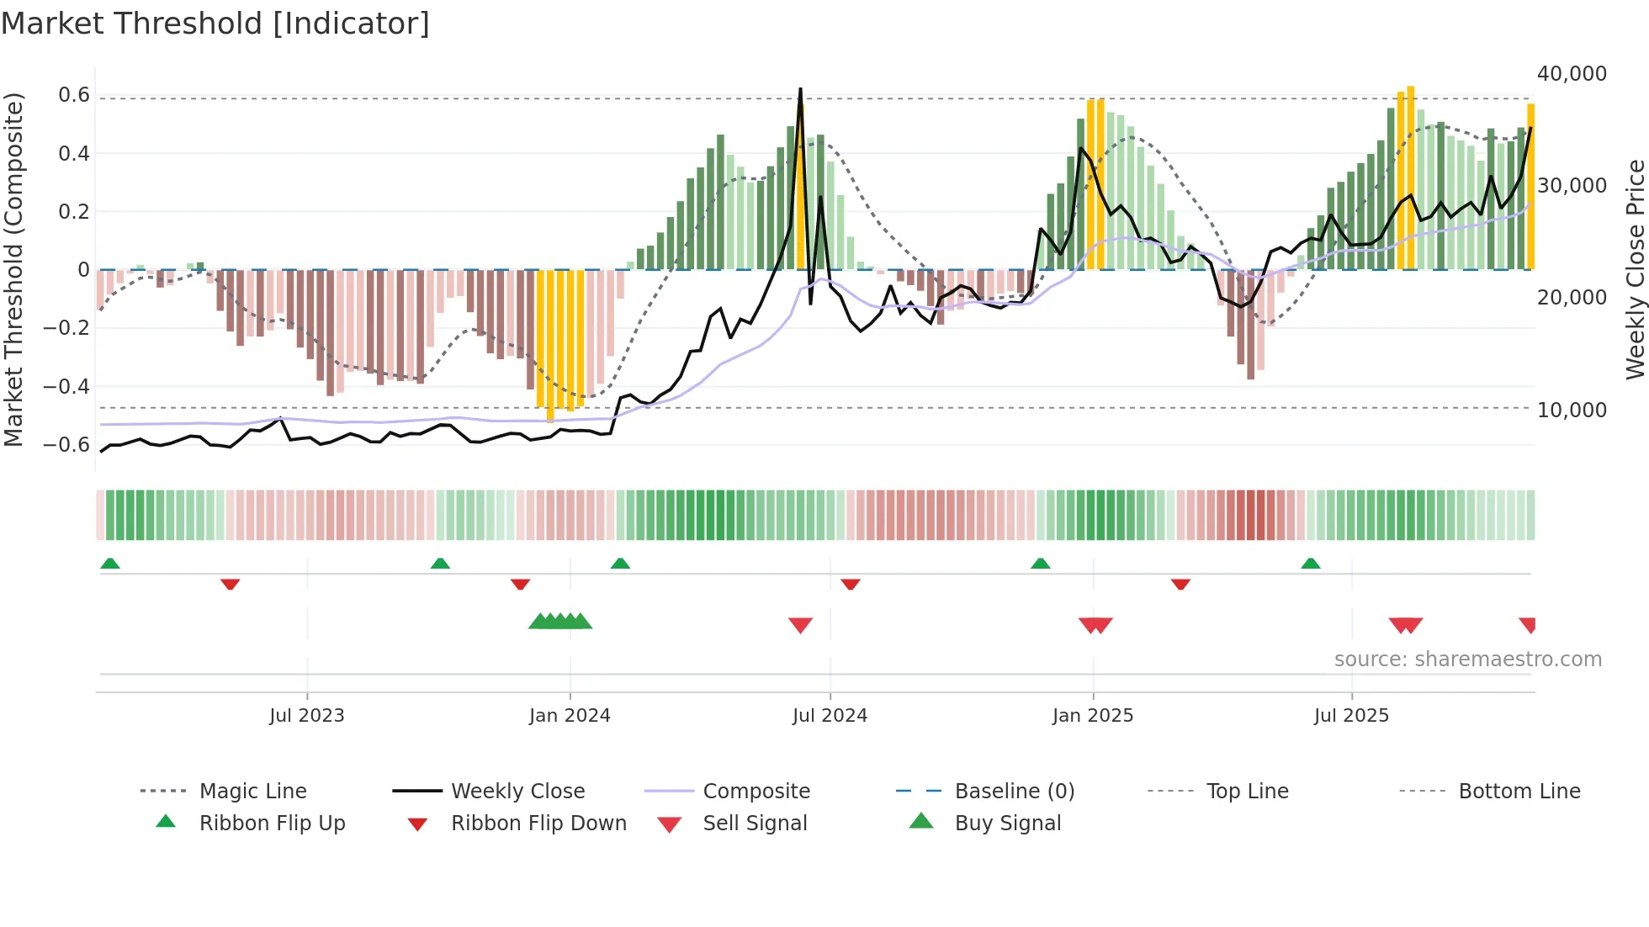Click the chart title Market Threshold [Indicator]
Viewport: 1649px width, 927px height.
coord(215,24)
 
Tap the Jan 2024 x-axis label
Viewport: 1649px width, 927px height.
coord(570,716)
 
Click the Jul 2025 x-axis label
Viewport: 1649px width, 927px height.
coord(1351,716)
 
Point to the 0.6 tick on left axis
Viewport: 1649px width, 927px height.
coord(74,95)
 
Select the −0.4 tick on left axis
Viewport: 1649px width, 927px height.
coord(66,387)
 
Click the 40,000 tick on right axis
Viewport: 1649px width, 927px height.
coord(1572,74)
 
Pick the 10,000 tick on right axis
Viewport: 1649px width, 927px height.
coord(1572,411)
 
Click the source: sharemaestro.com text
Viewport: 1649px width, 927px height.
coord(1467,659)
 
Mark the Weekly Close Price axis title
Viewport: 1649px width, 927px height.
coord(1635,269)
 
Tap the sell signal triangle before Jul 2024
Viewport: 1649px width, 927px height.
coord(800,625)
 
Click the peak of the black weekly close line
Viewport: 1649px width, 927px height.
coord(800,88)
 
